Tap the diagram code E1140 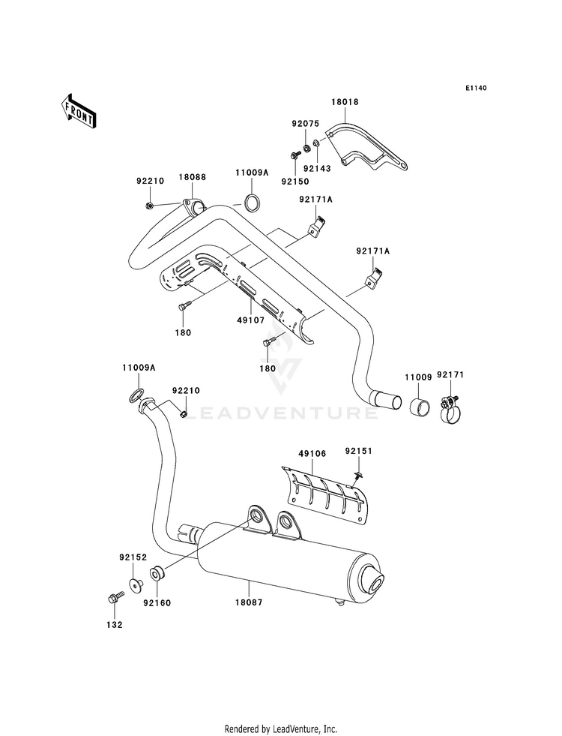(x=476, y=88)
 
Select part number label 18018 (x=345, y=102)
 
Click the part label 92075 (x=305, y=124)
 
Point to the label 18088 (x=192, y=177)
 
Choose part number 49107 (x=251, y=320)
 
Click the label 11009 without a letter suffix (x=418, y=377)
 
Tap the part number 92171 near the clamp (x=450, y=374)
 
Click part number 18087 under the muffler (x=249, y=602)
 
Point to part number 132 (x=115, y=625)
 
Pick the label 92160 (x=157, y=602)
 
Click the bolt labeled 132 (x=115, y=597)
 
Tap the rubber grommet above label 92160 (x=157, y=574)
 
